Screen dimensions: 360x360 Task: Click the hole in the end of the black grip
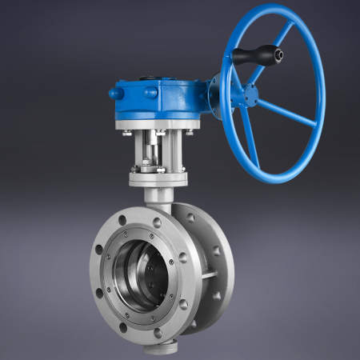[278, 55]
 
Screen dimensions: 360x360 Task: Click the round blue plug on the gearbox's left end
[114, 94]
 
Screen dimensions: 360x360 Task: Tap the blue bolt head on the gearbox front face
[150, 94]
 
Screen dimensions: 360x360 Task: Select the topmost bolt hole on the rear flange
[194, 215]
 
